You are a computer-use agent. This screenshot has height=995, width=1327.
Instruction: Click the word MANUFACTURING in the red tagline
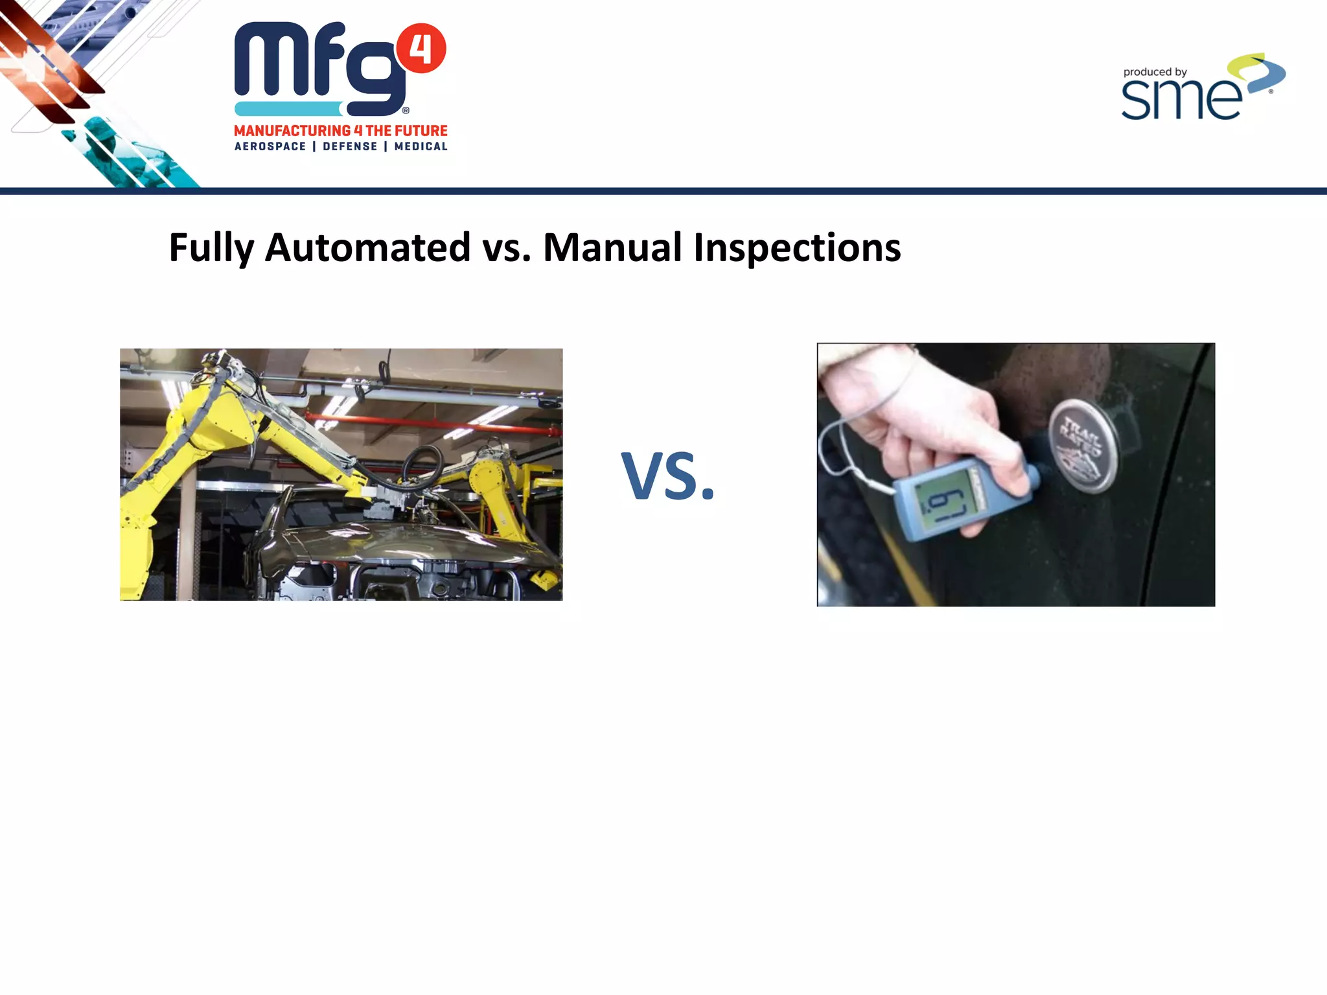292,131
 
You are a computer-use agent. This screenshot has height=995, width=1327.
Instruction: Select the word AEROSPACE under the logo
270,147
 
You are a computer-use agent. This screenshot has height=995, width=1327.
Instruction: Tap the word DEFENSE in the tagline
350,147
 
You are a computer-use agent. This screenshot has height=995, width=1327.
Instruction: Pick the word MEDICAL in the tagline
421,147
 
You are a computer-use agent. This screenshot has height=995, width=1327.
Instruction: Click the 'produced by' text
1155,73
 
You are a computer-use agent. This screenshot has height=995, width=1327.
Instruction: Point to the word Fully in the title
211,248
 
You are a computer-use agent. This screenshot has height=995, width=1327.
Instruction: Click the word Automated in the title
367,248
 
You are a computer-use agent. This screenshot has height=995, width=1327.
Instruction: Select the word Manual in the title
612,248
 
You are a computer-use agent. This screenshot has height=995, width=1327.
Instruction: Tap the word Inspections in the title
796,248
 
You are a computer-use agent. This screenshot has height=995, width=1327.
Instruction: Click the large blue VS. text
667,477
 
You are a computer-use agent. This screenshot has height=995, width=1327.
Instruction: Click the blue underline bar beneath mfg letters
288,109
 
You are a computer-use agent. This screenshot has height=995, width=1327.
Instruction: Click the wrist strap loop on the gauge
842,447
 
